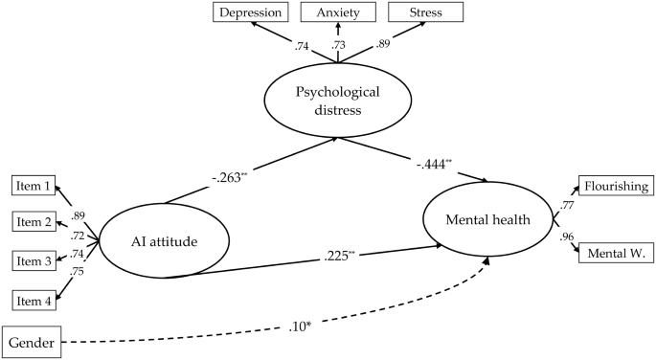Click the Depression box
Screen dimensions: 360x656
(x=251, y=12)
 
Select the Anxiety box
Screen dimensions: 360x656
(x=338, y=12)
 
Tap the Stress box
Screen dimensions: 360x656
(x=426, y=12)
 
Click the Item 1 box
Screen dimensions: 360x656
(x=34, y=187)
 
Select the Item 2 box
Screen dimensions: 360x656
(x=34, y=223)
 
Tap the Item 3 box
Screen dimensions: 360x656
(x=34, y=260)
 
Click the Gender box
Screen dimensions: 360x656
(x=33, y=340)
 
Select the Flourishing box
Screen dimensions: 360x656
(x=615, y=186)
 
